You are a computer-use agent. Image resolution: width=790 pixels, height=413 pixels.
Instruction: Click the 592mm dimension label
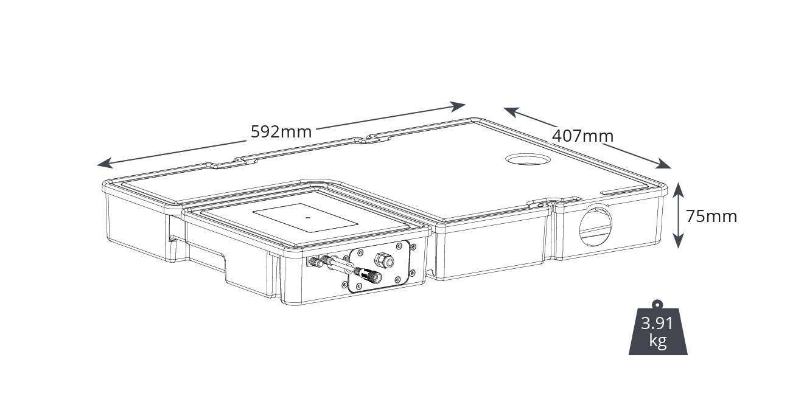tap(281, 131)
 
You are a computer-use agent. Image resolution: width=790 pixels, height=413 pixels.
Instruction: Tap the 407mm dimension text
tap(582, 136)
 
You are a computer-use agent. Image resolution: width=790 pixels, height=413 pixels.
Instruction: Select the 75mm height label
tap(711, 216)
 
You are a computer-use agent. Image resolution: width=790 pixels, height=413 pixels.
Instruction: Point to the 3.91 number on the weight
tap(657, 323)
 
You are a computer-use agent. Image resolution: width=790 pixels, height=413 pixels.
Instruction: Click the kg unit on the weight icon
tap(657, 341)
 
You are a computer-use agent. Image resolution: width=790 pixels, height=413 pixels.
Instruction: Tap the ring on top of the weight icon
tap(657, 304)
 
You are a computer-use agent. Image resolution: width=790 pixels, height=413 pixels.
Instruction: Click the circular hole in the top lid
tap(527, 159)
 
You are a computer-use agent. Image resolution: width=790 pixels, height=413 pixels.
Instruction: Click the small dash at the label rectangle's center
tap(307, 217)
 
